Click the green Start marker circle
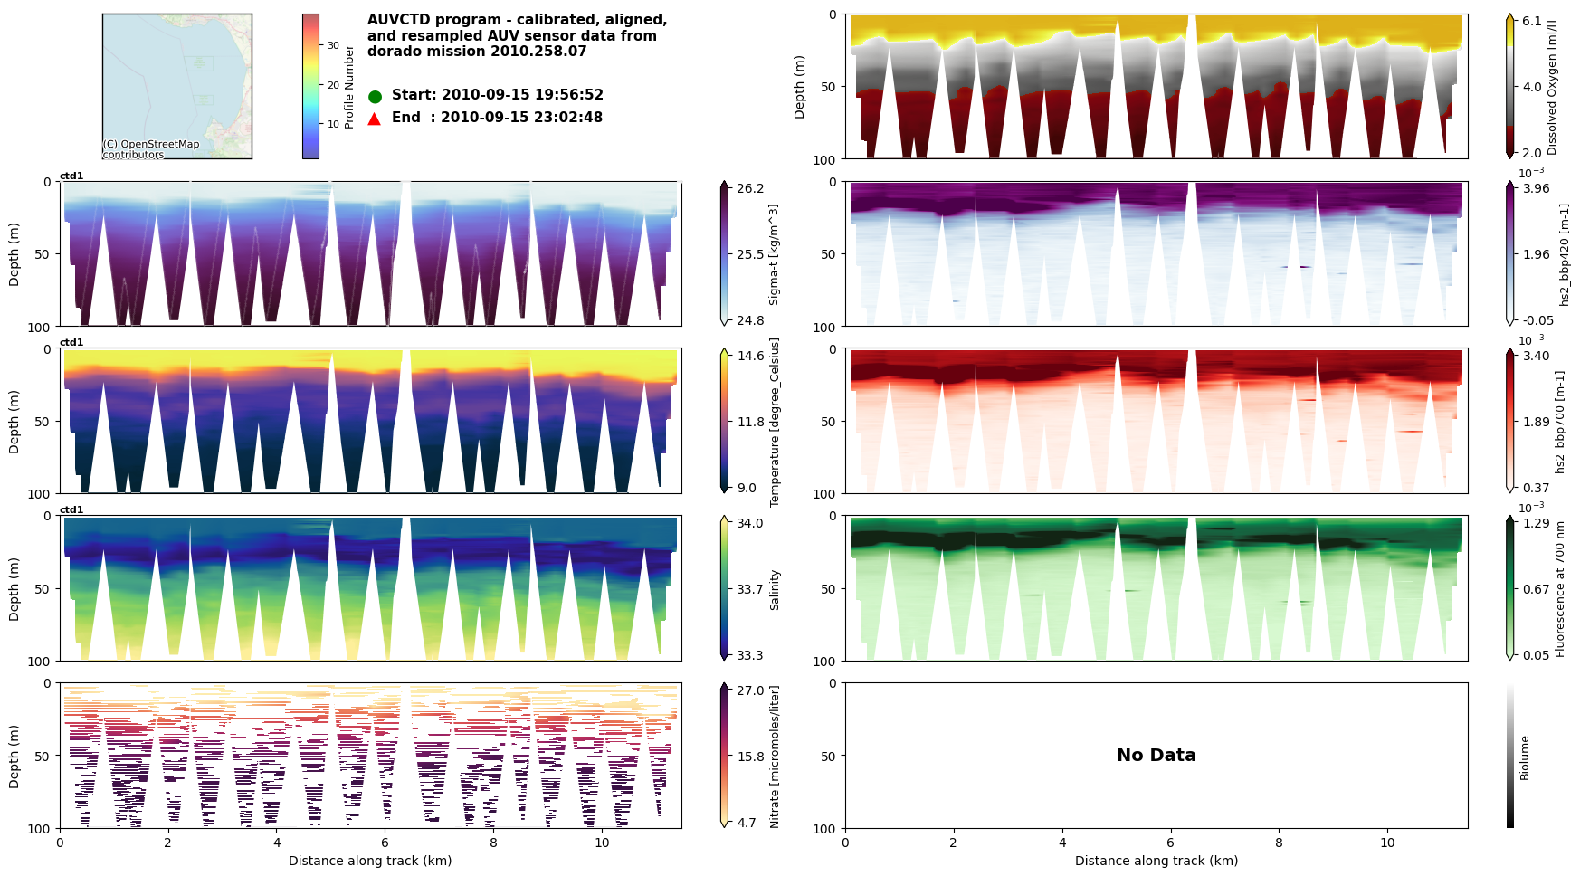click(375, 96)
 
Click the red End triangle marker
click(375, 119)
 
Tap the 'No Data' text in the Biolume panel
click(1156, 755)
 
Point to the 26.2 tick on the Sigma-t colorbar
click(749, 188)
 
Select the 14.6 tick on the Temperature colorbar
click(750, 356)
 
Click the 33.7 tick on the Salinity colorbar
click(749, 589)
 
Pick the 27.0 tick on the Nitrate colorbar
click(750, 690)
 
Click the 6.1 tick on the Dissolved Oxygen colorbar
click(1531, 21)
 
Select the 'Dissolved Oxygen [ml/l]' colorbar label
click(1553, 87)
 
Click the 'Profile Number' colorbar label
click(349, 87)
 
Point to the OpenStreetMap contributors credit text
click(150, 149)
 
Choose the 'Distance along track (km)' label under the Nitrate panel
click(370, 861)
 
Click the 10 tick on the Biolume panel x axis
click(1387, 842)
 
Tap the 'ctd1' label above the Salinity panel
click(71, 509)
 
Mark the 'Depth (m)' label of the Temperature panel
click(14, 422)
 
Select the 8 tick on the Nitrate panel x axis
click(493, 842)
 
